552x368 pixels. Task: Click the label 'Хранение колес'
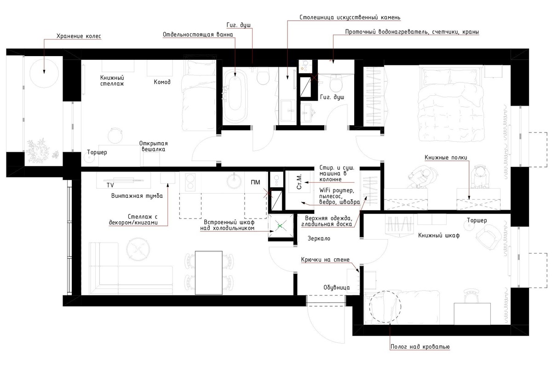point(79,36)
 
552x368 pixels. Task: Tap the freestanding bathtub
point(235,96)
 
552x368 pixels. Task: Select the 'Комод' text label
point(162,82)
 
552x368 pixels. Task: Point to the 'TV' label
point(110,185)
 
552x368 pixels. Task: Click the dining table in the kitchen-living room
point(209,273)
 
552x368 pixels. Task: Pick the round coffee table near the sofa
point(138,249)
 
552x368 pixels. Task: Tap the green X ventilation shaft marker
point(280,226)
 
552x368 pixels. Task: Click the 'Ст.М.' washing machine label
point(299,182)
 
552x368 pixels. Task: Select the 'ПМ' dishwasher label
point(255,182)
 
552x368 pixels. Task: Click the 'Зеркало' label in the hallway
point(319,238)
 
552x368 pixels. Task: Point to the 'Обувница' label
point(336,287)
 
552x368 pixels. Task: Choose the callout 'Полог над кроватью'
point(420,346)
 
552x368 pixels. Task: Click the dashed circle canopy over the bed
point(385,307)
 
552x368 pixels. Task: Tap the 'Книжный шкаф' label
point(439,236)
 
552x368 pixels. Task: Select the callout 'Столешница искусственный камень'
point(350,17)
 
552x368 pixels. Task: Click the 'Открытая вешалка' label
point(153,146)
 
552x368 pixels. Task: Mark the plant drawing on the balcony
point(40,150)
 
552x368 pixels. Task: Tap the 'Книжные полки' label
point(446,157)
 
